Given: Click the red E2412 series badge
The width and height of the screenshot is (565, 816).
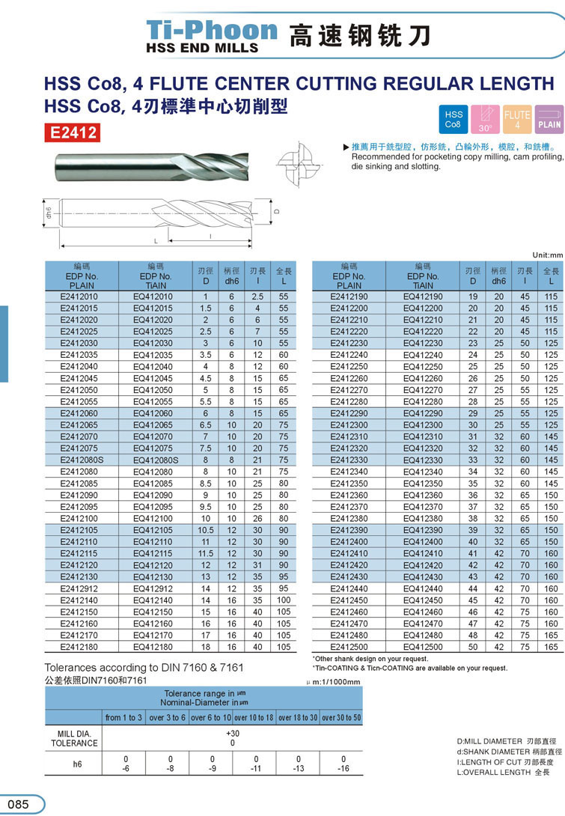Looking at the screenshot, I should tap(73, 133).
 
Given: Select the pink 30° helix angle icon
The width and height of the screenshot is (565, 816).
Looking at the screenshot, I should tap(485, 119).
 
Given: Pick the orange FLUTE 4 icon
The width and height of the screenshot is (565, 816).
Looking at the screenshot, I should tap(517, 119).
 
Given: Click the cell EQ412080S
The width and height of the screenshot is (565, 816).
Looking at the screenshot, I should tap(156, 460).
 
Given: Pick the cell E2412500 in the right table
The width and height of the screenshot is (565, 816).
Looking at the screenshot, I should tap(349, 646).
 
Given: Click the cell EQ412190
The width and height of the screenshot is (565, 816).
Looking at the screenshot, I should tap(423, 296).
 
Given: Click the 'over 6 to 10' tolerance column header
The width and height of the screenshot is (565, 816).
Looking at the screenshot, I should tap(211, 717).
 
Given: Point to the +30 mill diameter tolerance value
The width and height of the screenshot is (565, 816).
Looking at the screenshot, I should tap(232, 733).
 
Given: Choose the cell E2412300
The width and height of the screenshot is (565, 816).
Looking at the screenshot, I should tap(349, 424).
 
